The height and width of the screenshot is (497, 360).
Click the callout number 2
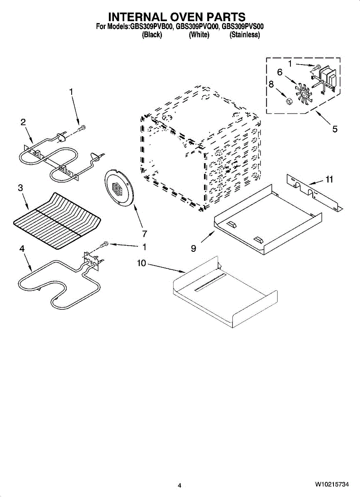23,122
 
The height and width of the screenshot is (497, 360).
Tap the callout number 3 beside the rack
20,188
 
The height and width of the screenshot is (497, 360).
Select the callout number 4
22,248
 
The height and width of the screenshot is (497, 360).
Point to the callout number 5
335,129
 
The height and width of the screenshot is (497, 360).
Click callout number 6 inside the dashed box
280,72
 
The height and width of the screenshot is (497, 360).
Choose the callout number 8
271,84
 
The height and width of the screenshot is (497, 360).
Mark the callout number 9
193,248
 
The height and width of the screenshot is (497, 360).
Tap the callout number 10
142,263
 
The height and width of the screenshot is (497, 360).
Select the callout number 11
329,179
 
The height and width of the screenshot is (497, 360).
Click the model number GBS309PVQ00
197,27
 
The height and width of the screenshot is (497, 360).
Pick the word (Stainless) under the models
244,35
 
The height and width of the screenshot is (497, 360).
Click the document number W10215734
331,484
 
